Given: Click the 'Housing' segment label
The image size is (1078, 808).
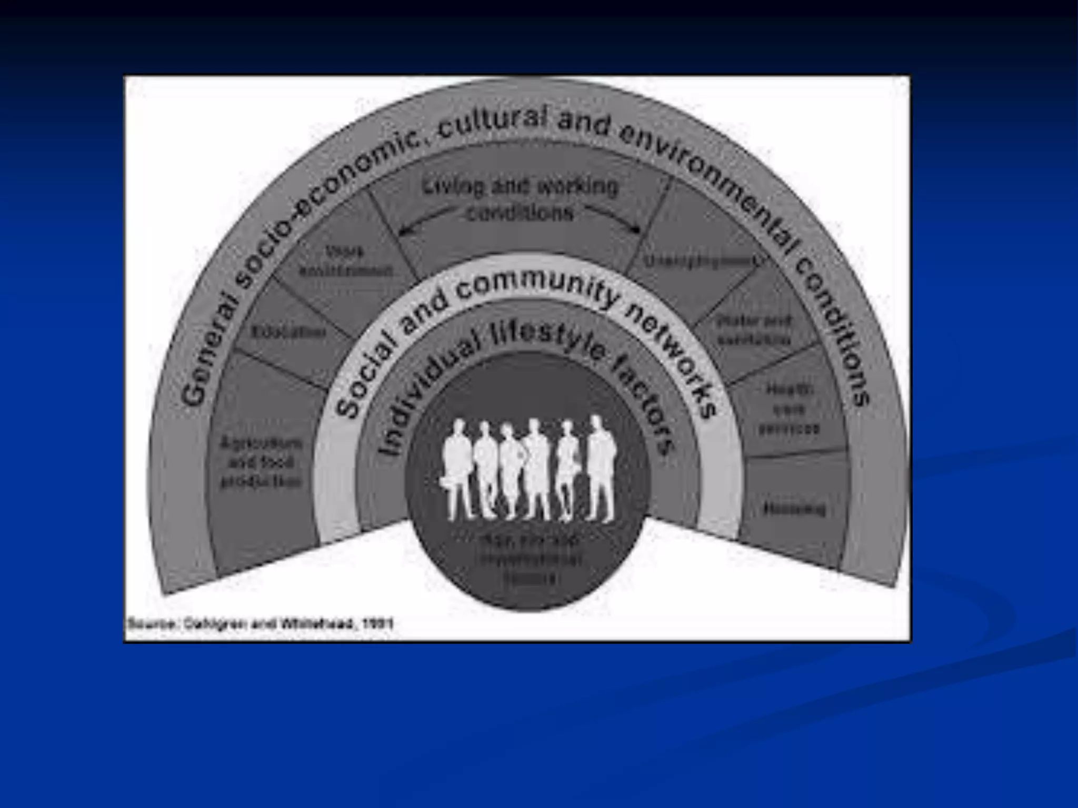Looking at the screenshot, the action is pyautogui.click(x=794, y=509).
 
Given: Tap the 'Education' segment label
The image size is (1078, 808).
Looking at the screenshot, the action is pyautogui.click(x=288, y=332).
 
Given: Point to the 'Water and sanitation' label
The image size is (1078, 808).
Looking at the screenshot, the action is pyautogui.click(x=754, y=330).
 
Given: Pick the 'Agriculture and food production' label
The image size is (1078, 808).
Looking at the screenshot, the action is pyautogui.click(x=261, y=462).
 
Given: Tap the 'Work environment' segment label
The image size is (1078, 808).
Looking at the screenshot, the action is pyautogui.click(x=346, y=261).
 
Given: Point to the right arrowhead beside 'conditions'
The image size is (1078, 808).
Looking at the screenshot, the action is pyautogui.click(x=637, y=230).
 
